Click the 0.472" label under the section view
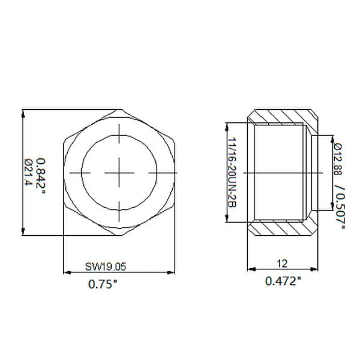[x=281, y=280]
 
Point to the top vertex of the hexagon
[x=119, y=109]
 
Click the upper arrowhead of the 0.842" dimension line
[x=23, y=113]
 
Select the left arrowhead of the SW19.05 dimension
[x=67, y=272]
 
